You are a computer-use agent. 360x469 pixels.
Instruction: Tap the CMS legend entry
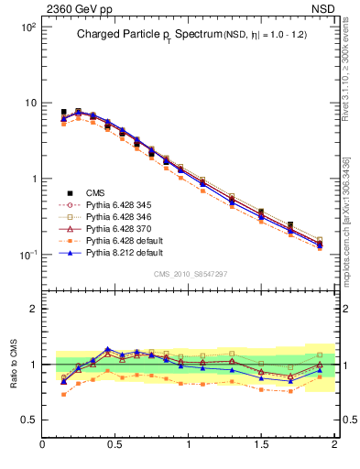point(95,192)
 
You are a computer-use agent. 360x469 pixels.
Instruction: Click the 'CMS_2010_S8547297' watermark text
point(190,274)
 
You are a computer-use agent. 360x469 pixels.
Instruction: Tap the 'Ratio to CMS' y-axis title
point(14,361)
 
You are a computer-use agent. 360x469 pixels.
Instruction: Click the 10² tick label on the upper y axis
point(27,27)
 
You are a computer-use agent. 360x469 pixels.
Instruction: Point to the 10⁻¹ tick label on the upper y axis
point(27,255)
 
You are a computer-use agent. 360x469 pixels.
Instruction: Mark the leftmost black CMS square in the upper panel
point(63,112)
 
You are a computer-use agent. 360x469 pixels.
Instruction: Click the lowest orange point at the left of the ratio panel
point(63,394)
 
